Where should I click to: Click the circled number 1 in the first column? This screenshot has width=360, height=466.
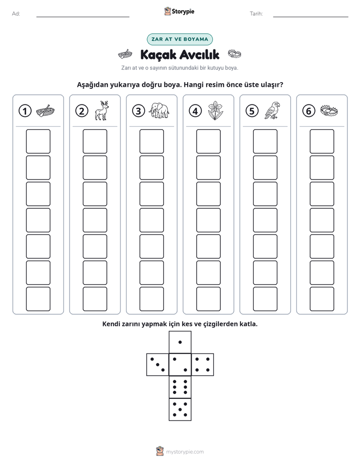[25, 111]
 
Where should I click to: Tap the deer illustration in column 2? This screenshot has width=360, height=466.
[102, 110]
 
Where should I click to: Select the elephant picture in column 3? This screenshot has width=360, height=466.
[159, 111]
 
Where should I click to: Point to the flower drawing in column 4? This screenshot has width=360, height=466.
[215, 110]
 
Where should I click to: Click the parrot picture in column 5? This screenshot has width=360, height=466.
[272, 110]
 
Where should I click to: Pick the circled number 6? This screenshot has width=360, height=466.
[309, 111]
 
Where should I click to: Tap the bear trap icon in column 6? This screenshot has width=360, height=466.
[329, 110]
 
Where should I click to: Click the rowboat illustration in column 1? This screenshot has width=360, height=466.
[45, 111]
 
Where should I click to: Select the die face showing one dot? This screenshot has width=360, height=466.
[180, 342]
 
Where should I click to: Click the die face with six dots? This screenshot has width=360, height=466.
[180, 387]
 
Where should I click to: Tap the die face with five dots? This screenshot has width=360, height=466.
[180, 409]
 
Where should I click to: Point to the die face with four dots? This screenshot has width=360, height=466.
[203, 365]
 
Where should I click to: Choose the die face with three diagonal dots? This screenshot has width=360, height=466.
[158, 365]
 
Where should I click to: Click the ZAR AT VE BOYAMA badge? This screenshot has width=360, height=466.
[179, 39]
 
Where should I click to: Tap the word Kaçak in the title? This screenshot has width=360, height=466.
[158, 55]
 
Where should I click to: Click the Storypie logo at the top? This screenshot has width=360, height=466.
[179, 12]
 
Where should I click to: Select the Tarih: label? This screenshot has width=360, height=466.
[256, 14]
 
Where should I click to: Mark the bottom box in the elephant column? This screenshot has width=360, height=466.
[151, 299]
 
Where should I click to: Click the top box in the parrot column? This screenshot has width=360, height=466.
[265, 141]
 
